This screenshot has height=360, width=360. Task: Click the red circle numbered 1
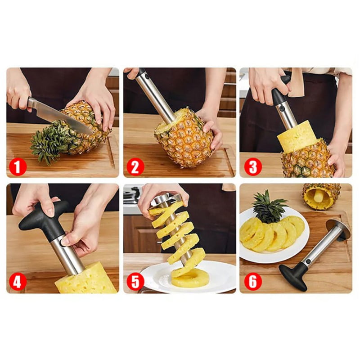18,167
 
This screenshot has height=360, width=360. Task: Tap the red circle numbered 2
135,167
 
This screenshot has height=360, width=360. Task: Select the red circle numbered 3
253,167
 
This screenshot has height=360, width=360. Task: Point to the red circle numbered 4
18,282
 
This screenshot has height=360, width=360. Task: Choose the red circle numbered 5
135,282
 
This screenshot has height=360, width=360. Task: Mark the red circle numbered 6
253,282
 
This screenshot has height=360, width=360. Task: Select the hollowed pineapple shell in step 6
321,195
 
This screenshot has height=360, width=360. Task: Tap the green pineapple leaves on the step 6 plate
269,208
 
